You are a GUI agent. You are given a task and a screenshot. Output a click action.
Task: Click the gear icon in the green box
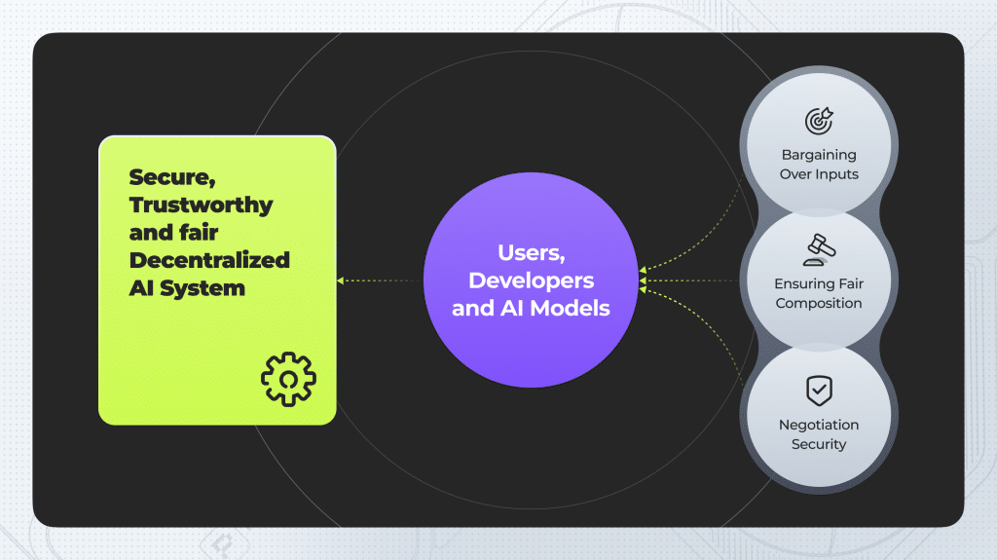(288, 379)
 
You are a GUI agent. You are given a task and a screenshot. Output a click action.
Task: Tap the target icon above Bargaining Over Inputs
(819, 121)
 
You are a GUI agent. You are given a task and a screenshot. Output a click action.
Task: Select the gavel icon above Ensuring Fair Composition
(819, 250)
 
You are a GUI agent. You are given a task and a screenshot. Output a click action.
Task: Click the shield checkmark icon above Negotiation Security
(819, 391)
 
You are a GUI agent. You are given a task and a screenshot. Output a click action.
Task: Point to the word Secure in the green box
(172, 177)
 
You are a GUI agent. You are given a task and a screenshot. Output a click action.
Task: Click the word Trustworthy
(201, 205)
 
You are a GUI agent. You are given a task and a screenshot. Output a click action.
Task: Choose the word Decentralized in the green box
(209, 260)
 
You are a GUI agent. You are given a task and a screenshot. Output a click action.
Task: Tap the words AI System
(187, 287)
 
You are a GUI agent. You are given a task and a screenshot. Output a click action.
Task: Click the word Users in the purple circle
(531, 253)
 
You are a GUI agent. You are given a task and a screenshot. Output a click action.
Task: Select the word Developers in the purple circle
(531, 280)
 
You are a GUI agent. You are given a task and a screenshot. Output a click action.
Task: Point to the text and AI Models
(531, 308)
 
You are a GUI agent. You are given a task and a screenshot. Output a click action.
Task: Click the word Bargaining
(819, 155)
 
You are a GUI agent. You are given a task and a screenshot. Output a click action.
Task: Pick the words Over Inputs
(819, 174)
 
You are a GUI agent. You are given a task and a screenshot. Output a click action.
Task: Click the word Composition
(819, 304)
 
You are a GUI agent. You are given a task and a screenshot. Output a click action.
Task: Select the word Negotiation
(819, 425)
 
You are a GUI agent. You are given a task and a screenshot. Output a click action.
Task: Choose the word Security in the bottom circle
(819, 444)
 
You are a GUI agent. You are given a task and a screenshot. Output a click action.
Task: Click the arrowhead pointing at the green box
(341, 280)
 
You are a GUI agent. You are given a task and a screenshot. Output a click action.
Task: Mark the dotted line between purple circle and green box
(379, 280)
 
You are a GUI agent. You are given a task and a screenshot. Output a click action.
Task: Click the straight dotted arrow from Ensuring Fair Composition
(688, 280)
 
